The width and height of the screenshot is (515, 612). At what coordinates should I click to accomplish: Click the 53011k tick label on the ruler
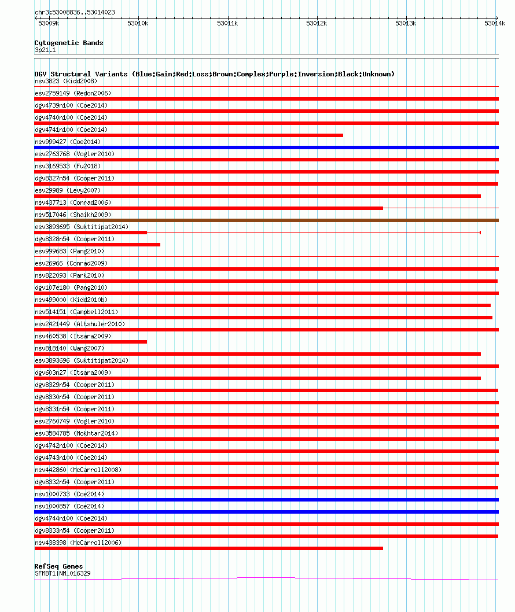click(227, 23)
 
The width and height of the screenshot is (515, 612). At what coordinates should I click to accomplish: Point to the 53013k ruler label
click(405, 23)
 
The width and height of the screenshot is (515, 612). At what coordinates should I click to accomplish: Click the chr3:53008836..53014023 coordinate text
click(75, 12)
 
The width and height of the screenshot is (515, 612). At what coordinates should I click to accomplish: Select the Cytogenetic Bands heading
click(69, 43)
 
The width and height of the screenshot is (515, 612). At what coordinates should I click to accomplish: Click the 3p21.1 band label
click(45, 50)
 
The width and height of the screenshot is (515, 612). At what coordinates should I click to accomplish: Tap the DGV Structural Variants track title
click(214, 74)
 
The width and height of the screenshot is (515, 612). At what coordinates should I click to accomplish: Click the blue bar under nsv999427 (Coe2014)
click(266, 148)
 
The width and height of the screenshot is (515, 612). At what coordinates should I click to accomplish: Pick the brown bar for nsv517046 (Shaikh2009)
click(266, 220)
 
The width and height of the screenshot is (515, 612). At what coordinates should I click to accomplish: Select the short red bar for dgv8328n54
click(97, 245)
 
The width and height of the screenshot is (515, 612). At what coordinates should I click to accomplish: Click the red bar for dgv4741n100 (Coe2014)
click(189, 135)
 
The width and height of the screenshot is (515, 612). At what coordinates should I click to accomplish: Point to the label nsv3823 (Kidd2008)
click(66, 81)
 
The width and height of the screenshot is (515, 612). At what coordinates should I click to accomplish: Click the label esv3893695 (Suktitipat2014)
click(82, 227)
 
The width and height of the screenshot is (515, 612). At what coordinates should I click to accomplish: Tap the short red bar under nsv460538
click(90, 342)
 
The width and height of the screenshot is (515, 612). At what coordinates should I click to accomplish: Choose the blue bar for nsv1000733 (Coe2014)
click(266, 500)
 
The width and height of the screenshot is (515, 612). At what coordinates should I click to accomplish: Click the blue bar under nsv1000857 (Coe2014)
click(266, 512)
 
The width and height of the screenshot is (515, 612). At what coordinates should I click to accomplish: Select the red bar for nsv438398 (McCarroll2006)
click(208, 548)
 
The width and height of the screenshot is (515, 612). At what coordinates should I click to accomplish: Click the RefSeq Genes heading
click(58, 566)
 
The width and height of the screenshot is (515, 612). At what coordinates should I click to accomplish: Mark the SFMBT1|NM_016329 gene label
click(62, 573)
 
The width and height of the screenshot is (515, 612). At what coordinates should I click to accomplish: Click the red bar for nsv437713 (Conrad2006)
click(208, 208)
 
